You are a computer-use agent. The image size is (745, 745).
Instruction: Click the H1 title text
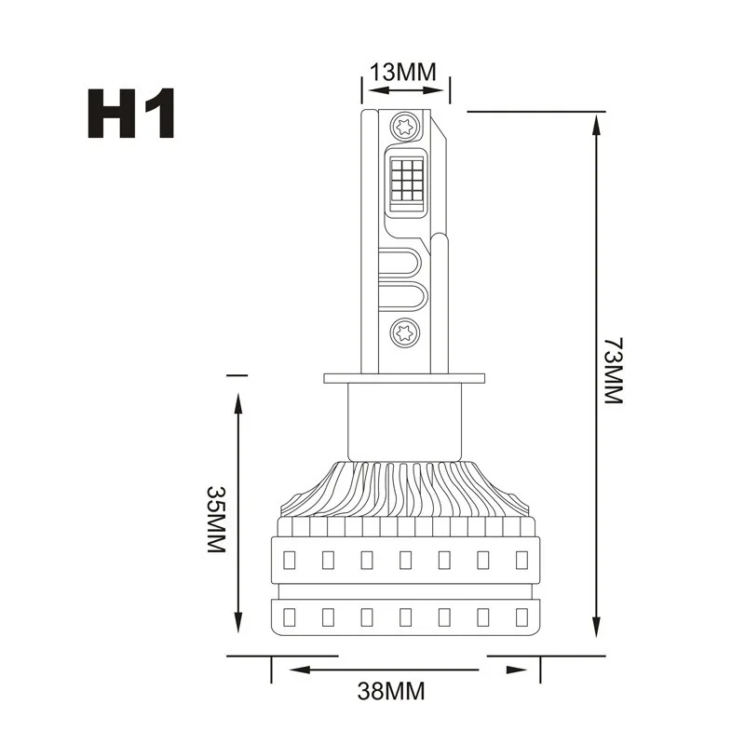131,113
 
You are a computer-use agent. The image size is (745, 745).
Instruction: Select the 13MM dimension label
402,73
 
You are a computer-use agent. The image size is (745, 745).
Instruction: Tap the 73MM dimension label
613,371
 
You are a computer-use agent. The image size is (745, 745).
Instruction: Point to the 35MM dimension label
216,519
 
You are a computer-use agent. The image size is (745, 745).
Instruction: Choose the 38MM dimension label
391,691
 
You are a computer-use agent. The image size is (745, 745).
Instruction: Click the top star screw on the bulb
405,127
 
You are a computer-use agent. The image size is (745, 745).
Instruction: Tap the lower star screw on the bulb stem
405,332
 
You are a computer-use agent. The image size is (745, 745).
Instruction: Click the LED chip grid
406,180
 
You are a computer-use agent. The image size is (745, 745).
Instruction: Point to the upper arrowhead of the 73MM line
596,126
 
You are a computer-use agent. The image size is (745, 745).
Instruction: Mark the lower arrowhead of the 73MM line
596,624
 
